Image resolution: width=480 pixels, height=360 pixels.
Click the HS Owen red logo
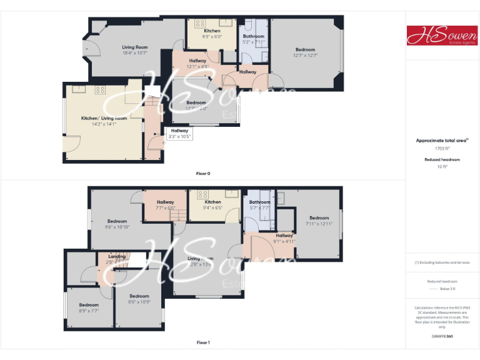[x=442, y=35]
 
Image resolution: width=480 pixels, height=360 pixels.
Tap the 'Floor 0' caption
[x=203, y=173]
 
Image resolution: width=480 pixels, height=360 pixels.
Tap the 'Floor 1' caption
[x=203, y=342]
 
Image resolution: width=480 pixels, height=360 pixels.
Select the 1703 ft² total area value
[x=442, y=148]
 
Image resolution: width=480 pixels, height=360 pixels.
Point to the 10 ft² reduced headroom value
[x=442, y=166]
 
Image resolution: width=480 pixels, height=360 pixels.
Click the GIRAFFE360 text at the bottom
[x=442, y=336]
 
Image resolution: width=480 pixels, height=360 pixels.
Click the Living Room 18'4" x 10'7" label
[x=134, y=50]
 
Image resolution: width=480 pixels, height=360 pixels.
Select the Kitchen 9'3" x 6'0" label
[x=212, y=34]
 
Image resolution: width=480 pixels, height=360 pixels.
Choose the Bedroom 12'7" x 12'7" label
[x=305, y=52]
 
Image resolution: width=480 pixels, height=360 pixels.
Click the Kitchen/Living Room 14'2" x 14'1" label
[x=104, y=121]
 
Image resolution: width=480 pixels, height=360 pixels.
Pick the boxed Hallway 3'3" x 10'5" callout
[x=179, y=133]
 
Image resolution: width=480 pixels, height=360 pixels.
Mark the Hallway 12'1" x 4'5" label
[x=197, y=62]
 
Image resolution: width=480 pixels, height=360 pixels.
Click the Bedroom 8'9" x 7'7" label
[x=88, y=307]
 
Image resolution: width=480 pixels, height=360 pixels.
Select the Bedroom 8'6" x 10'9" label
[x=139, y=299]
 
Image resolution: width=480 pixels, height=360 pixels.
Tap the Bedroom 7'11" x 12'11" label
[x=319, y=221]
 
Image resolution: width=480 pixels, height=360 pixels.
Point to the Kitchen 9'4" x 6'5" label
[x=212, y=205]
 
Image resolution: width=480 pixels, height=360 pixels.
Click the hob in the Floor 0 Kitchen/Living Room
[x=99, y=90]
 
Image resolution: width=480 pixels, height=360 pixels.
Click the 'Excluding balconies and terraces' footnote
[x=442, y=262]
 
